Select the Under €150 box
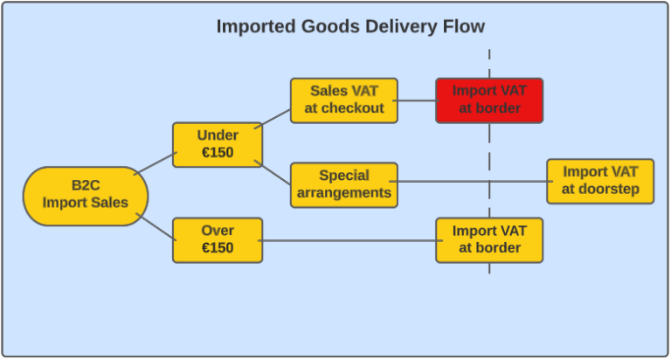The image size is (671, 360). coord(218,145)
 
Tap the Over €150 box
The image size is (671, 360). coord(218,239)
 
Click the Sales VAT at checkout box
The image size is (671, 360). coord(344,100)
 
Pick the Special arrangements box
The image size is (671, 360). coord(344,184)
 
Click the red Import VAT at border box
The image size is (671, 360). coord(489,100)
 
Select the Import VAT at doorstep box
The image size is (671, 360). coord(600,181)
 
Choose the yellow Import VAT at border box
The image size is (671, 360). coord(489,239)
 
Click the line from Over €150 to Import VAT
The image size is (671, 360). coord(349,240)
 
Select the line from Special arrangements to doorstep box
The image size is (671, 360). coord(472,182)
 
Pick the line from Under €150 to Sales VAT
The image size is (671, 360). coord(276,122)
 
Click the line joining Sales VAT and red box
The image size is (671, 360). coord(417,100)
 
